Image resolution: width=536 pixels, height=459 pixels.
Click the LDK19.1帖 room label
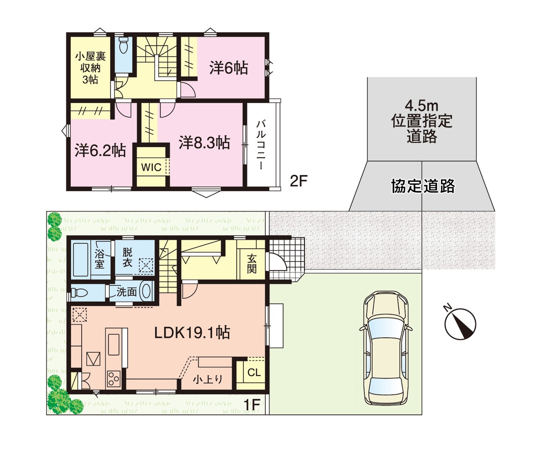click(192, 333)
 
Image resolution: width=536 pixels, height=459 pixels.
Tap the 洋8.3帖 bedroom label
click(204, 142)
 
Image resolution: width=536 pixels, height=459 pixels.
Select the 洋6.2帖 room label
click(100, 150)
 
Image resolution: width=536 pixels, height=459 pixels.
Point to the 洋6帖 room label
click(229, 68)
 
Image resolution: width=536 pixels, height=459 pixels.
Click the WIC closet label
click(151, 167)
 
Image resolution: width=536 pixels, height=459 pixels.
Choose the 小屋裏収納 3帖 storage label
click(90, 68)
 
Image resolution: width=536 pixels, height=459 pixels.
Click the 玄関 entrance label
click(251, 264)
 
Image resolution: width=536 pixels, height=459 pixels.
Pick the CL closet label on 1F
click(254, 372)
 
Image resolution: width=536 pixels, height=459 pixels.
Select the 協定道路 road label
click(423, 186)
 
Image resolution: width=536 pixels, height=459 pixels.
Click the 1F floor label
click(252, 405)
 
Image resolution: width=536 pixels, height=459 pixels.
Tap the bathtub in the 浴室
click(81, 259)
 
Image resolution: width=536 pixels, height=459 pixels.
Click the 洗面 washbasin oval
click(145, 291)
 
